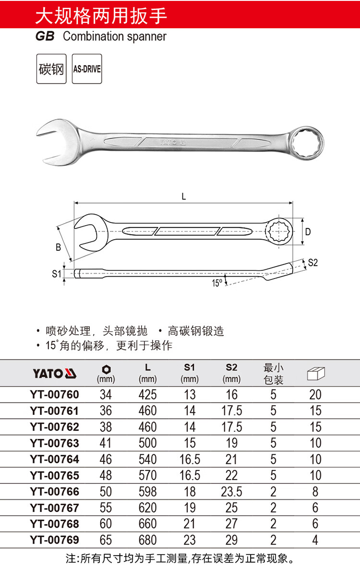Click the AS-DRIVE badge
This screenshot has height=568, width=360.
87,69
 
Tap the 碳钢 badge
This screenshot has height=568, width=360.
51,69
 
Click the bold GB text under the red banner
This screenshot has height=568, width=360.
45,36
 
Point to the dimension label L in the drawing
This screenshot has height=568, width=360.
184,197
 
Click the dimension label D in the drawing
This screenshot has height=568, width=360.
308,231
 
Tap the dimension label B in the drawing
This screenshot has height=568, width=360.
58,247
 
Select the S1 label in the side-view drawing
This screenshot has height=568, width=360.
57,274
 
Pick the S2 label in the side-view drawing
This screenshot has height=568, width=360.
312,263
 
